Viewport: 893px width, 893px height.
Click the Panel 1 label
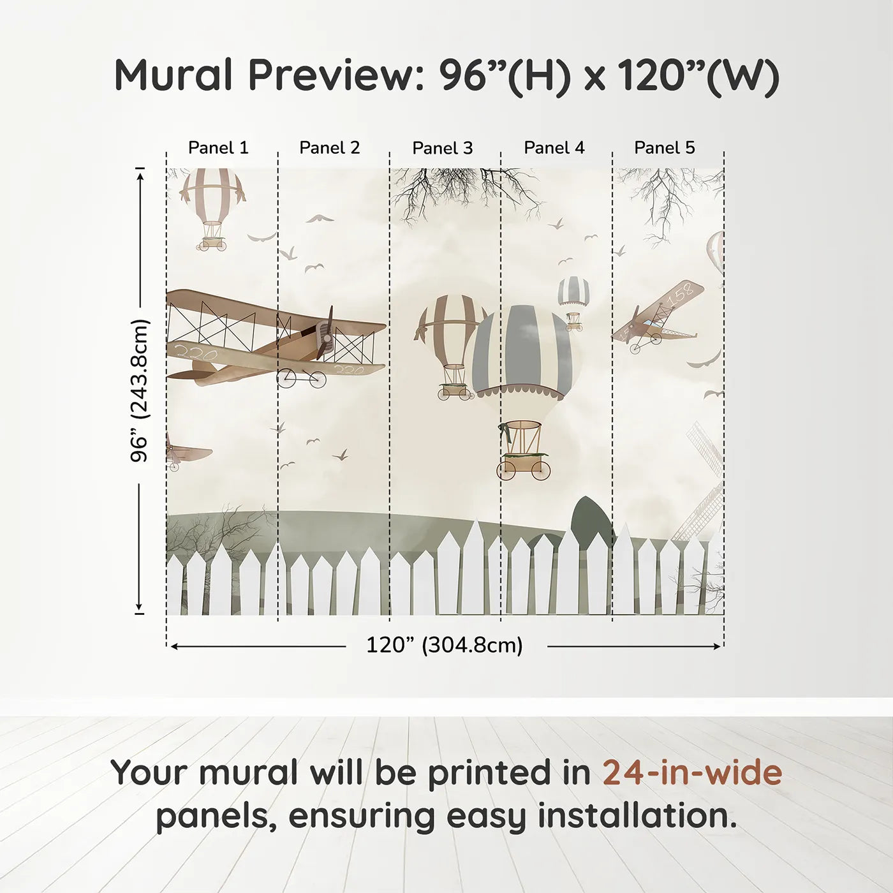click(x=218, y=148)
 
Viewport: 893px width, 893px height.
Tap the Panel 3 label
click(x=442, y=149)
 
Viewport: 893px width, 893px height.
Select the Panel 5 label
click(x=664, y=148)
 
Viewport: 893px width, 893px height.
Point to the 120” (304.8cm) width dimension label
click(x=444, y=646)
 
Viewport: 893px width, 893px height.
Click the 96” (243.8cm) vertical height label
click(x=140, y=390)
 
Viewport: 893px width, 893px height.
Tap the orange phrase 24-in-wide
click(x=692, y=773)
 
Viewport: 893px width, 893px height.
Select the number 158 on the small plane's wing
click(x=679, y=295)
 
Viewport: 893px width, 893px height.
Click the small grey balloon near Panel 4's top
click(x=573, y=292)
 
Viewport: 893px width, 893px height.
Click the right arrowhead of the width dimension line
click(x=718, y=647)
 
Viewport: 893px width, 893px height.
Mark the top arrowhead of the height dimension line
click(x=140, y=172)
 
